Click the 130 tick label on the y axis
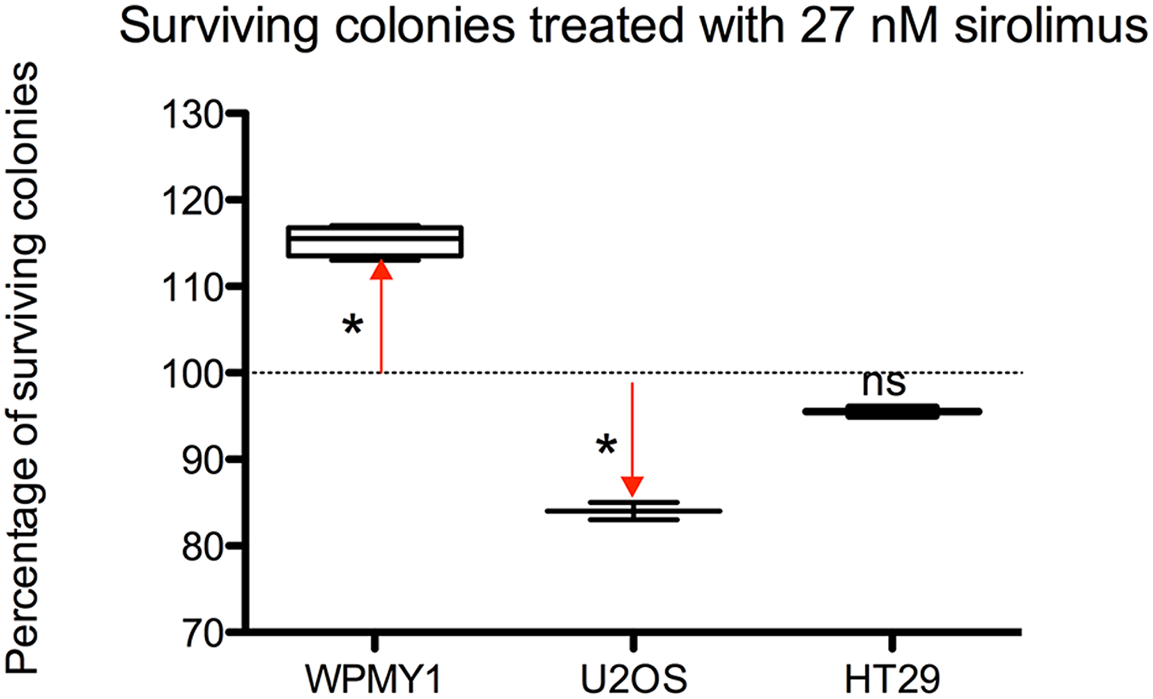click(193, 115)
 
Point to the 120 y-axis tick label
click(193, 202)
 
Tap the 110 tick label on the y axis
click(193, 288)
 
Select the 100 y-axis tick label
click(193, 374)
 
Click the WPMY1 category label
click(374, 679)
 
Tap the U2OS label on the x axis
click(633, 679)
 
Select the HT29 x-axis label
click(892, 679)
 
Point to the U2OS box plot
click(633, 511)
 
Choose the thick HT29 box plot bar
click(892, 411)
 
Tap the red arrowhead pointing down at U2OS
click(632, 486)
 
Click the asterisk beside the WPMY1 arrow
click(352, 326)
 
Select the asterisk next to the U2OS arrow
click(606, 445)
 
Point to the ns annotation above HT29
click(884, 383)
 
